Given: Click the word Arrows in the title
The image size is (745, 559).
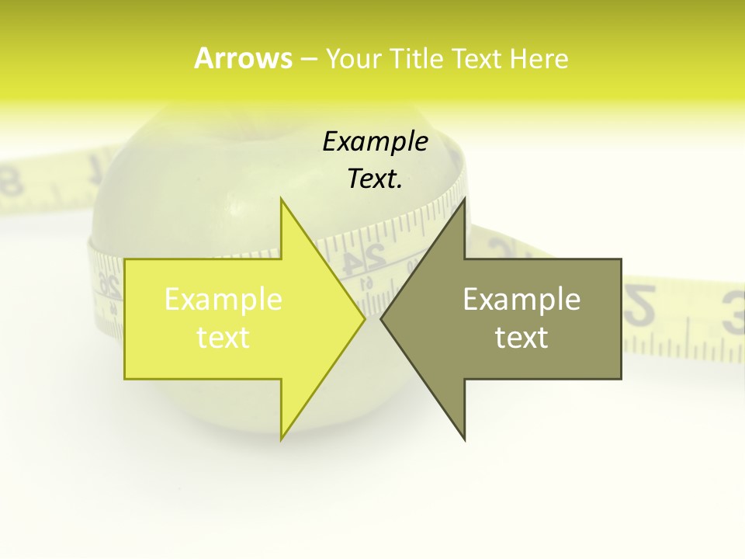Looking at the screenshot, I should point(243,58).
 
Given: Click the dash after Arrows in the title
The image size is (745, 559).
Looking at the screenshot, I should point(308,60).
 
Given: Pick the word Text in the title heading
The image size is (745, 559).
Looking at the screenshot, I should point(478,58).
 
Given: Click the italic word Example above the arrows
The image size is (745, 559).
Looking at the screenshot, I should point(375,142).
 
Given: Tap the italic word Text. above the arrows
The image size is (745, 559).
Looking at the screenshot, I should point(375,179).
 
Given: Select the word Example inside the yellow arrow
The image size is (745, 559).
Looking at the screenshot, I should point(223,300).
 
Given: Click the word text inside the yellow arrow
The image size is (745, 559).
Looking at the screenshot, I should point(223,337).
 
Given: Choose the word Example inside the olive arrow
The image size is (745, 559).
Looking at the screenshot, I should point(521,300).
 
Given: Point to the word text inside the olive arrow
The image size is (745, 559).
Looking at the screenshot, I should point(521,337).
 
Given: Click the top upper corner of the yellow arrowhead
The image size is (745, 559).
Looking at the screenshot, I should point(282,200).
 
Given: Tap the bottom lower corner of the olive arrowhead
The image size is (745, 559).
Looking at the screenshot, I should point(464,439).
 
